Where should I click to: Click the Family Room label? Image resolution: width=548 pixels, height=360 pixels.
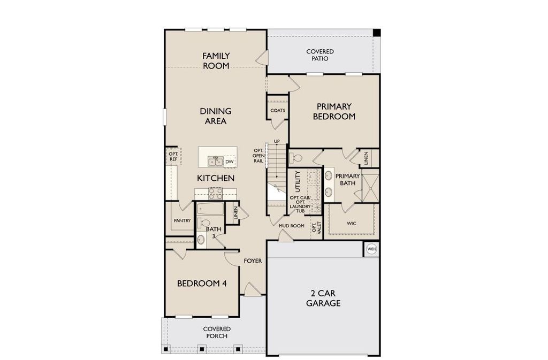(216, 61)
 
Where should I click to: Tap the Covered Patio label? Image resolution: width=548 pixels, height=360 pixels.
(320, 55)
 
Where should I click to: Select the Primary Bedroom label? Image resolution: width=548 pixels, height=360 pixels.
(334, 111)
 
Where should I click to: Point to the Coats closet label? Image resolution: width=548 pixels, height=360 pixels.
(278, 110)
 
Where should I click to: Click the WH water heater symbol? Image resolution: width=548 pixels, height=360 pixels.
(371, 249)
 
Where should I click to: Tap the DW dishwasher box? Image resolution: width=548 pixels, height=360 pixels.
(229, 162)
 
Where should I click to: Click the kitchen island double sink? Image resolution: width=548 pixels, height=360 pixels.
(215, 162)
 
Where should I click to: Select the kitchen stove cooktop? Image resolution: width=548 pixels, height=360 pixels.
(215, 193)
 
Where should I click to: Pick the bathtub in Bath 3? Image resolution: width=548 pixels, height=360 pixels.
(210, 210)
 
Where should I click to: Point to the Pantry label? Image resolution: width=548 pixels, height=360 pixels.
(182, 220)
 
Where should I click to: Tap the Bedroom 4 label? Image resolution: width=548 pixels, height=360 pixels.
(202, 283)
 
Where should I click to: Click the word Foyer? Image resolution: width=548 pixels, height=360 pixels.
(253, 261)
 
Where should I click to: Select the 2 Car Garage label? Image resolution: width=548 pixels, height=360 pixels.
(323, 298)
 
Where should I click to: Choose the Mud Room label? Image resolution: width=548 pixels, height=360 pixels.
(291, 226)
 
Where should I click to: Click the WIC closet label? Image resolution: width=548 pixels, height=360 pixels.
(351, 223)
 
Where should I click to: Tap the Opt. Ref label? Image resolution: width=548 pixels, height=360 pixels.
(173, 156)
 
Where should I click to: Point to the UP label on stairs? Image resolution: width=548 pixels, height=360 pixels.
(277, 141)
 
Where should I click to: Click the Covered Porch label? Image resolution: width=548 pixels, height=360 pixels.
(217, 332)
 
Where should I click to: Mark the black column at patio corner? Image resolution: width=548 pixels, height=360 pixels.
(377, 33)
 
